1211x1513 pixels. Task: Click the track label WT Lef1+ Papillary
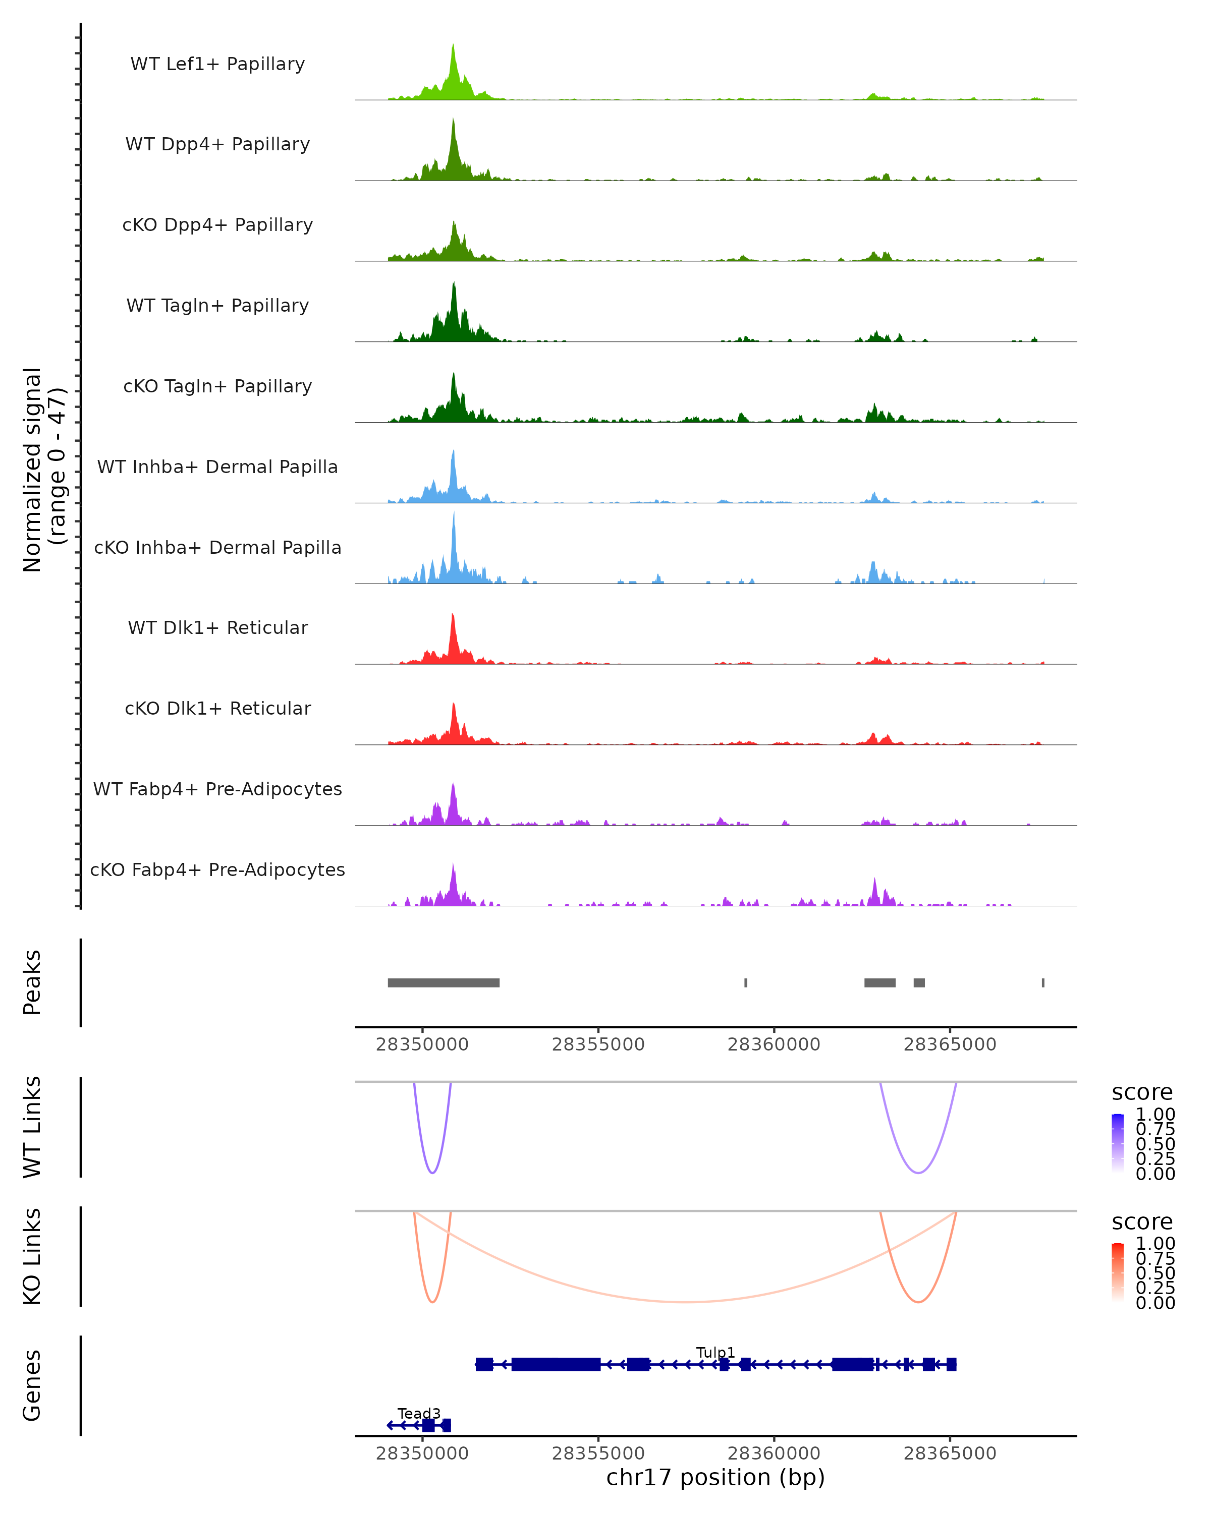point(217,64)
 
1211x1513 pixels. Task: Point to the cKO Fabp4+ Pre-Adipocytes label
point(217,869)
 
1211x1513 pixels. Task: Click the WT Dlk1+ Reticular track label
point(217,627)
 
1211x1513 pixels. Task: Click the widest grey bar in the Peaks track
point(443,982)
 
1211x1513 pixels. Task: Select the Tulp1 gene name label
point(715,1352)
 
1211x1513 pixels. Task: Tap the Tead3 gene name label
point(419,1413)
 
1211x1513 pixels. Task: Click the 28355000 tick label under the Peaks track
point(598,1044)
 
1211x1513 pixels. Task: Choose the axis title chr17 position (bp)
point(715,1477)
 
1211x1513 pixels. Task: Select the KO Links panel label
point(32,1256)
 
